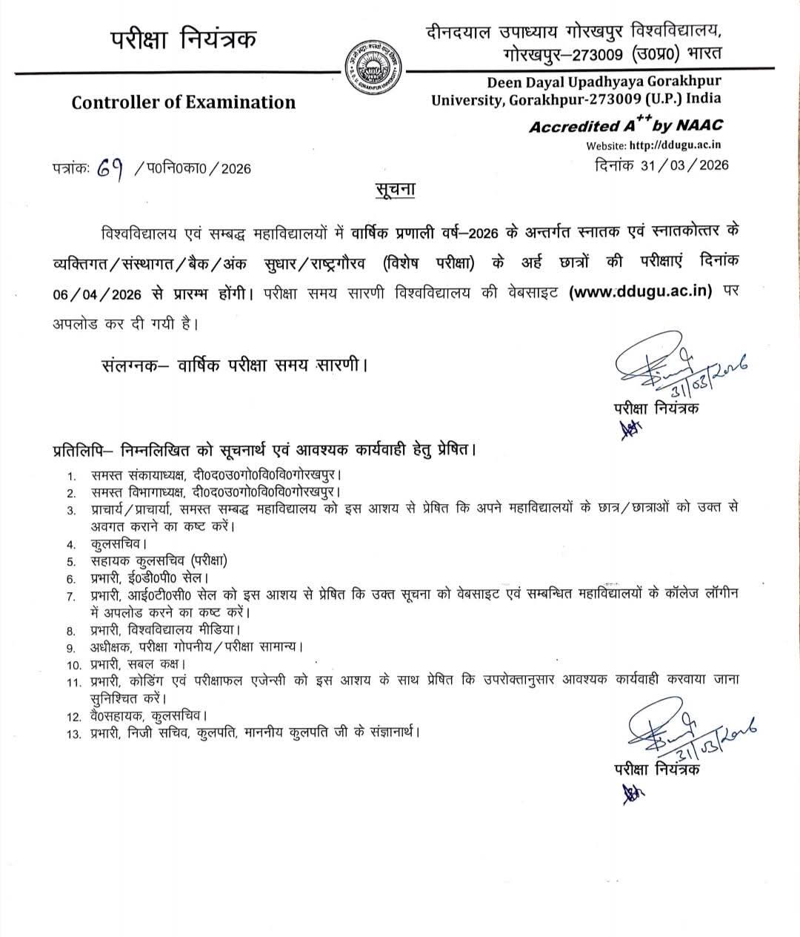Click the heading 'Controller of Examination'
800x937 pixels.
point(183,102)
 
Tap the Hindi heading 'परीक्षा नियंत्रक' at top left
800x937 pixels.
point(184,38)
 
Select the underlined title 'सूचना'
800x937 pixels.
point(393,190)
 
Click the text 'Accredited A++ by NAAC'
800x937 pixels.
point(625,125)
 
